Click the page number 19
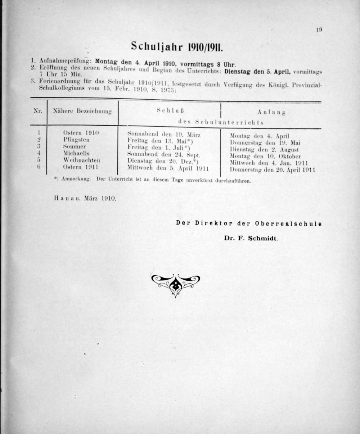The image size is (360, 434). pos(319,30)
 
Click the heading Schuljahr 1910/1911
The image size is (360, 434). pos(177,46)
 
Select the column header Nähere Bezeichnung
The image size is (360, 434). pos(82,112)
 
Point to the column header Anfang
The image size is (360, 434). pos(271,112)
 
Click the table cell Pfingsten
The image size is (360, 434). pos(76,140)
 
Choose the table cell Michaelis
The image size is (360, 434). pos(76,153)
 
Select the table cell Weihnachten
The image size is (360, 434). pos(82,160)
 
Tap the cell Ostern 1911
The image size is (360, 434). pos(80,167)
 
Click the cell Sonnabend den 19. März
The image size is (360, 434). pos(164,135)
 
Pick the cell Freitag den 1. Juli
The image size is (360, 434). pos(159,148)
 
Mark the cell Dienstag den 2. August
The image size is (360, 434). pos(264,149)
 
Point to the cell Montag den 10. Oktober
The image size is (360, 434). pos(265,156)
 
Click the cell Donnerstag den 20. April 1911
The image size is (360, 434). pos(273,170)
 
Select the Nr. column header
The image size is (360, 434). pos(38,111)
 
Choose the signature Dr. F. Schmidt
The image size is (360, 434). pos(251,238)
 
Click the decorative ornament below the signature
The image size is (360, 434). pos(175,284)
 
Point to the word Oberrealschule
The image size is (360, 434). pos(288,223)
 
